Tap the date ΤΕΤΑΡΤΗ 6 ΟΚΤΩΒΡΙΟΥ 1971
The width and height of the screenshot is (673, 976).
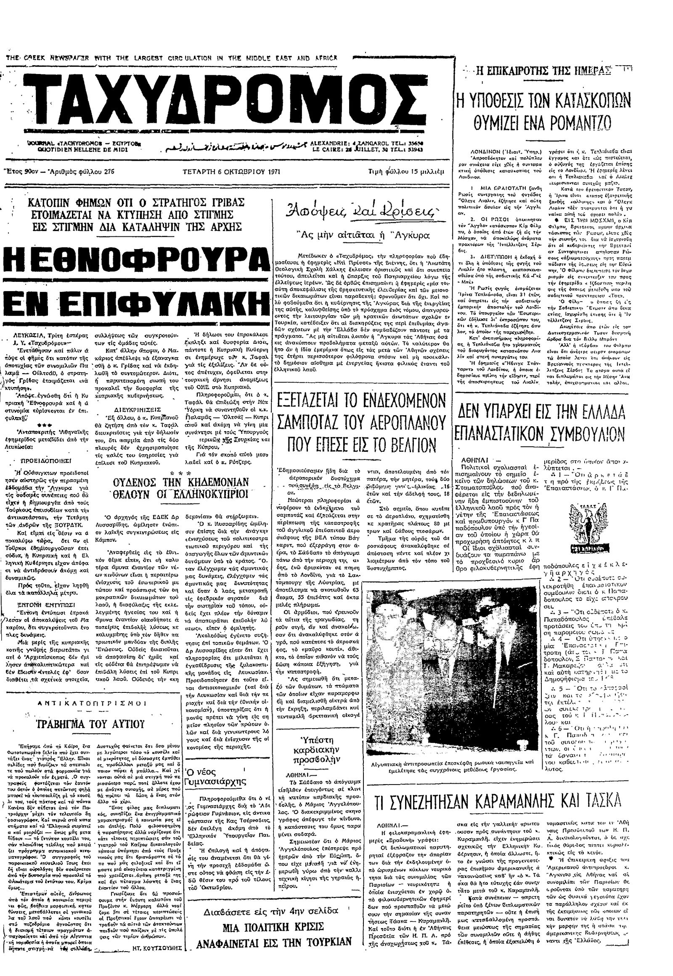tap(231, 172)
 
